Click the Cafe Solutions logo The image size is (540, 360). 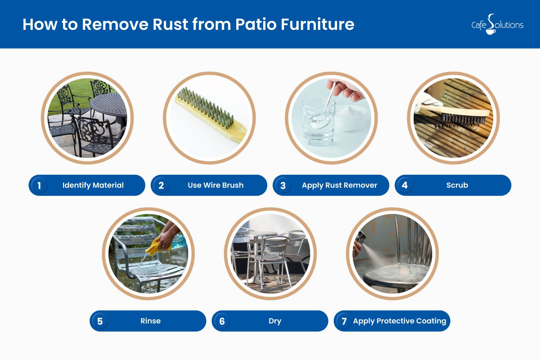[x=497, y=24]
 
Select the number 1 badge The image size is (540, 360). [x=39, y=185]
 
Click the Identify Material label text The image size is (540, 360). [x=93, y=185]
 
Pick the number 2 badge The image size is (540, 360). [x=161, y=185]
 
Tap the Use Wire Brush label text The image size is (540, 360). [x=216, y=185]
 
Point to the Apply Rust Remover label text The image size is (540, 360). [x=339, y=185]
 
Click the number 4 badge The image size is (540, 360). [x=405, y=185]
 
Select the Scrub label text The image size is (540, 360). [x=457, y=185]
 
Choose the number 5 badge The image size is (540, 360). [x=100, y=321]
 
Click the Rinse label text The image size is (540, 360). [x=150, y=321]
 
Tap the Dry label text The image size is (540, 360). [x=275, y=321]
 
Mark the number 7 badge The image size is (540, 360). [x=344, y=321]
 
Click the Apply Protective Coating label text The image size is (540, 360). [x=400, y=321]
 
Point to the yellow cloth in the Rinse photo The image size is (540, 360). [x=157, y=247]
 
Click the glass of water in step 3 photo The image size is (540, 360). [x=319, y=122]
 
